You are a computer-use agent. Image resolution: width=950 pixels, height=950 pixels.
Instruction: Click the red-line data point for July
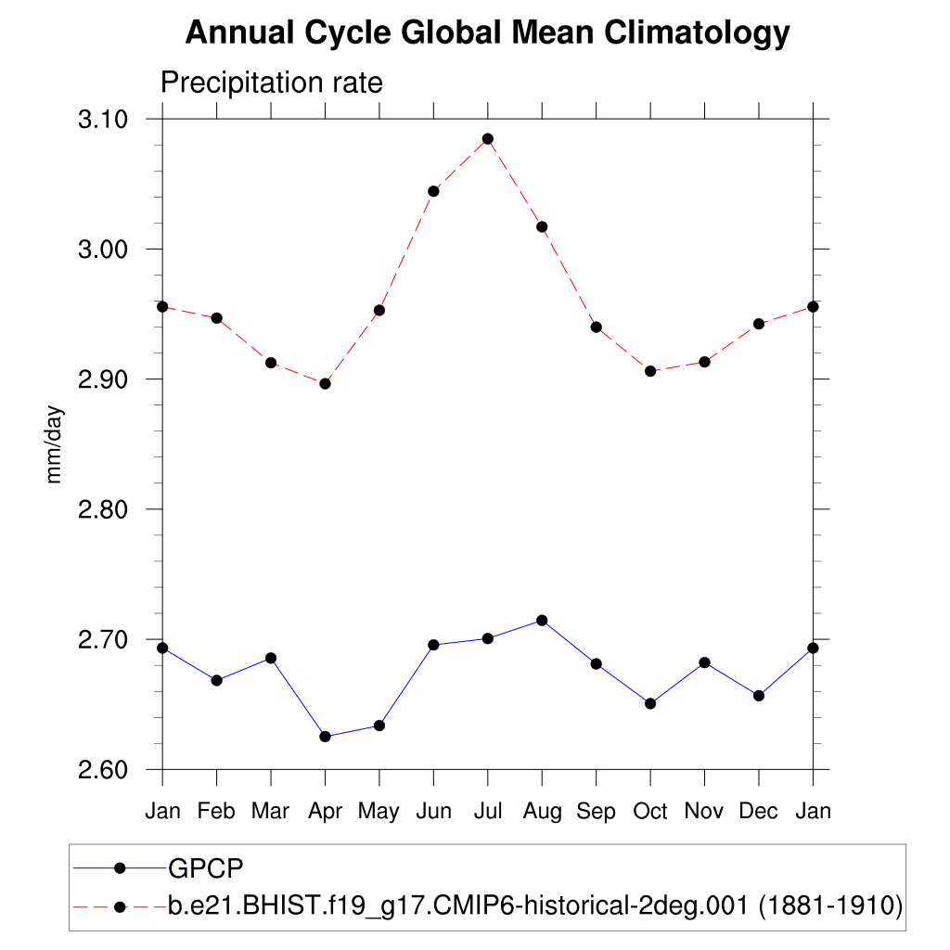tap(488, 139)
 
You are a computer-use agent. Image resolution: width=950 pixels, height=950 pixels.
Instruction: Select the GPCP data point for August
tap(542, 620)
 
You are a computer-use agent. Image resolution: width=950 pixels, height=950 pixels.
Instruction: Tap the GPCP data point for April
tap(325, 737)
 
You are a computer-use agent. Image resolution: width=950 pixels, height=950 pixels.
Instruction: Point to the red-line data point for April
tap(325, 383)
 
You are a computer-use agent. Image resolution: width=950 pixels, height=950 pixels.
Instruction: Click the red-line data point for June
tap(433, 191)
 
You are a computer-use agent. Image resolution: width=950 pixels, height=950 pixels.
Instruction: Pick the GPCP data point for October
tap(650, 703)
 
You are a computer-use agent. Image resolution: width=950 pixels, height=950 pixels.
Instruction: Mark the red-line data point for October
tap(650, 371)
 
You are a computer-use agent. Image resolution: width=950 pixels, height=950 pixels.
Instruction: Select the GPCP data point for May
tap(379, 725)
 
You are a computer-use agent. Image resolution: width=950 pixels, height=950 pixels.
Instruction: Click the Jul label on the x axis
tap(488, 812)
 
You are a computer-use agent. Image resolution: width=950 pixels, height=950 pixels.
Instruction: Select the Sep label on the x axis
tap(596, 812)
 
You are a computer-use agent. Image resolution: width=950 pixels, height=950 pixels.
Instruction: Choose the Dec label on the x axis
tap(759, 812)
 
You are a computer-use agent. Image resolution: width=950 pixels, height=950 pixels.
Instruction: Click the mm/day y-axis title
tap(55, 443)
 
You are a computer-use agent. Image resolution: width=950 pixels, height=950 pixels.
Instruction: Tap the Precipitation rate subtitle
tap(272, 83)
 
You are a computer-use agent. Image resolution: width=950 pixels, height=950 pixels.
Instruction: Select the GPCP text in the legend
tap(205, 868)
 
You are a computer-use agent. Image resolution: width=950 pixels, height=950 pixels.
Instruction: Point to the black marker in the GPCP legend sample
tap(119, 868)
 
